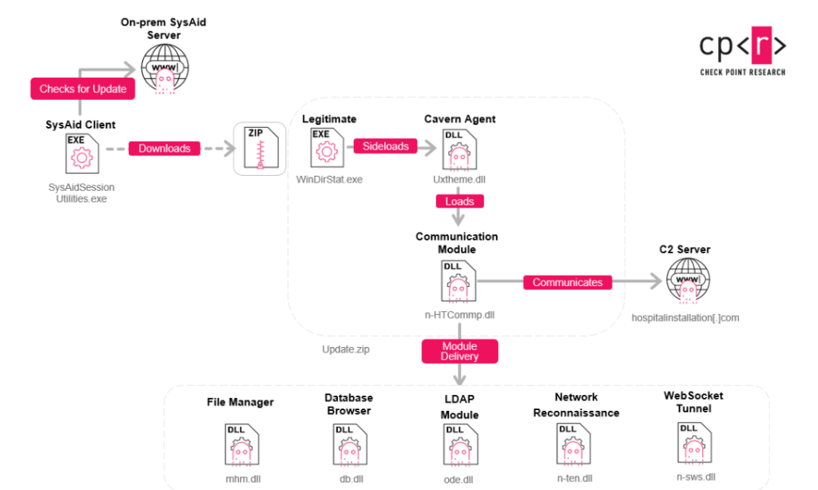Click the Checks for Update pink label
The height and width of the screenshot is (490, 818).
click(83, 89)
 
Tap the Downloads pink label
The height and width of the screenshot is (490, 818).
click(165, 148)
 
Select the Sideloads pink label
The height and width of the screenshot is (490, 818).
click(386, 146)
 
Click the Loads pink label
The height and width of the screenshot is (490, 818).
click(459, 201)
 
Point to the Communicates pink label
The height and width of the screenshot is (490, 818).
click(568, 282)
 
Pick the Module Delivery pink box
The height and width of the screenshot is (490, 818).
click(459, 351)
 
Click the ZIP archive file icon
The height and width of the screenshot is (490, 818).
click(261, 148)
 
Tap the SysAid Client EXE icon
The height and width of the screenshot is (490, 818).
click(82, 153)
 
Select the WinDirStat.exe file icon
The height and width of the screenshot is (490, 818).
click(327, 148)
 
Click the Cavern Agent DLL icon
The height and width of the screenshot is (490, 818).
click(459, 149)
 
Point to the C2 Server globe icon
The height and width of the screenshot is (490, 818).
click(688, 281)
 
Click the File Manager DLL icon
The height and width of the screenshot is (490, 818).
click(242, 444)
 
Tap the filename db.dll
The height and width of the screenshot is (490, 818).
click(351, 479)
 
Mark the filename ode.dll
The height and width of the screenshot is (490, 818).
click(459, 480)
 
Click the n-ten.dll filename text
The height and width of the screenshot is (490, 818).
click(574, 478)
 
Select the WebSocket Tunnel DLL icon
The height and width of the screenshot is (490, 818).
click(694, 443)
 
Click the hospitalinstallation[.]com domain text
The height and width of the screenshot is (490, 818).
click(685, 318)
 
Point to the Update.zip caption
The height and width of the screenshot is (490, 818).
click(345, 349)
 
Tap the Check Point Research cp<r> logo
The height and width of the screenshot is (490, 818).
click(743, 51)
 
